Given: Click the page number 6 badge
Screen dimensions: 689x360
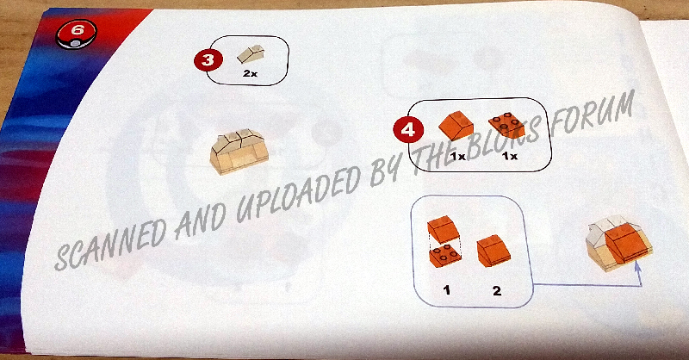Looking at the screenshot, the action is (76, 34).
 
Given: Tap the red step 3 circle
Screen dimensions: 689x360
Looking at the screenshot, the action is (208, 59).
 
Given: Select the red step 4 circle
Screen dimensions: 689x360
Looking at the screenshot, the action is (408, 130).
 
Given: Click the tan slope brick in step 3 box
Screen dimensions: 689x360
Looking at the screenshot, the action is (251, 54).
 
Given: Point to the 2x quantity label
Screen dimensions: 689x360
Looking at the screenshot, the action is (250, 74).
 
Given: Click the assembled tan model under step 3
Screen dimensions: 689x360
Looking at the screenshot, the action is (239, 151).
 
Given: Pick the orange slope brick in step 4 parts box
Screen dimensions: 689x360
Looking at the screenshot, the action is (456, 125).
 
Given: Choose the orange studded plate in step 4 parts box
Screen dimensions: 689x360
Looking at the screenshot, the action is (506, 126).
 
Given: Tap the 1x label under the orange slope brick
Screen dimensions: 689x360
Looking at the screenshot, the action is (458, 156).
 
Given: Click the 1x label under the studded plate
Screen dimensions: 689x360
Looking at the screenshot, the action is (510, 156).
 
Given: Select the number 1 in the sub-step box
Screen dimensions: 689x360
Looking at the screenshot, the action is (447, 290).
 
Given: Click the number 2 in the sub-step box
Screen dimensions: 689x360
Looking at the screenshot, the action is (497, 290).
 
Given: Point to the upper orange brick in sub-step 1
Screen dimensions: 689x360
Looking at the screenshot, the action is (443, 228).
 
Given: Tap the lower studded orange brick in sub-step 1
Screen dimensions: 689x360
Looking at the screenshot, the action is (444, 257).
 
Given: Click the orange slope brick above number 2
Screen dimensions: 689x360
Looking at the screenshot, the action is (493, 251).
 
